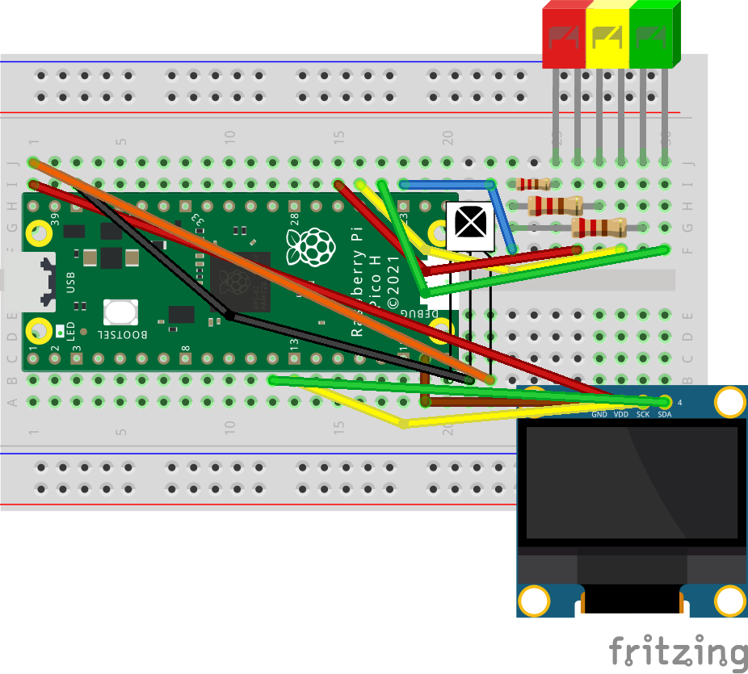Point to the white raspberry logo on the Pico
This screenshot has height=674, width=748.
point(315,246)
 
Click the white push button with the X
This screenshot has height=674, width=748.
point(469,225)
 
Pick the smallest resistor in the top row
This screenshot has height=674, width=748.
point(533,184)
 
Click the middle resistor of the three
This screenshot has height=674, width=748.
point(554,205)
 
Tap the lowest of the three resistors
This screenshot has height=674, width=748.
point(598,227)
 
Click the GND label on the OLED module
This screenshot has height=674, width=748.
point(599,414)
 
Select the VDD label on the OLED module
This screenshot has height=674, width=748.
point(620,414)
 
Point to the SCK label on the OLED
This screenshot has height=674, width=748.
point(642,414)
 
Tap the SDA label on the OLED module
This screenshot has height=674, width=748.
point(664,414)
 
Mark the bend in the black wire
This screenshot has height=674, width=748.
point(229,315)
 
